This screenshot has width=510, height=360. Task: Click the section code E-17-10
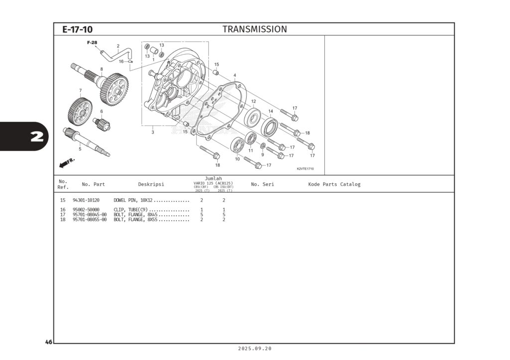tap(77, 29)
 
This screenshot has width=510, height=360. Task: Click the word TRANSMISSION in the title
tap(255, 29)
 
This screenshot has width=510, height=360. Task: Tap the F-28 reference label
tap(92, 43)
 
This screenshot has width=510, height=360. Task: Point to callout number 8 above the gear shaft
tap(102, 69)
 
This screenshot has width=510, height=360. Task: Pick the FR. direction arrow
tap(67, 162)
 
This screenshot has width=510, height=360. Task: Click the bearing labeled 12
tap(254, 119)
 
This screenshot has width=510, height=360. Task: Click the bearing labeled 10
tap(238, 145)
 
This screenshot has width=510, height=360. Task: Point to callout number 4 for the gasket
tap(235, 75)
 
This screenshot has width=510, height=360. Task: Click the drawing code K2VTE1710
tap(305, 168)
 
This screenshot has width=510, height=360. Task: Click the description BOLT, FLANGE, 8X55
tap(135, 220)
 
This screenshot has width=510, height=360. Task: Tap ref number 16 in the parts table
tap(63, 210)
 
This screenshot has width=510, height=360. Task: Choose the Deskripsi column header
tap(151, 184)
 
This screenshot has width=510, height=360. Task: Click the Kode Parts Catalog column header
tap(334, 184)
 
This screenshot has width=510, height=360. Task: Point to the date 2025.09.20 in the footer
tap(255, 349)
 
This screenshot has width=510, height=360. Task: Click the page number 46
tap(48, 342)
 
